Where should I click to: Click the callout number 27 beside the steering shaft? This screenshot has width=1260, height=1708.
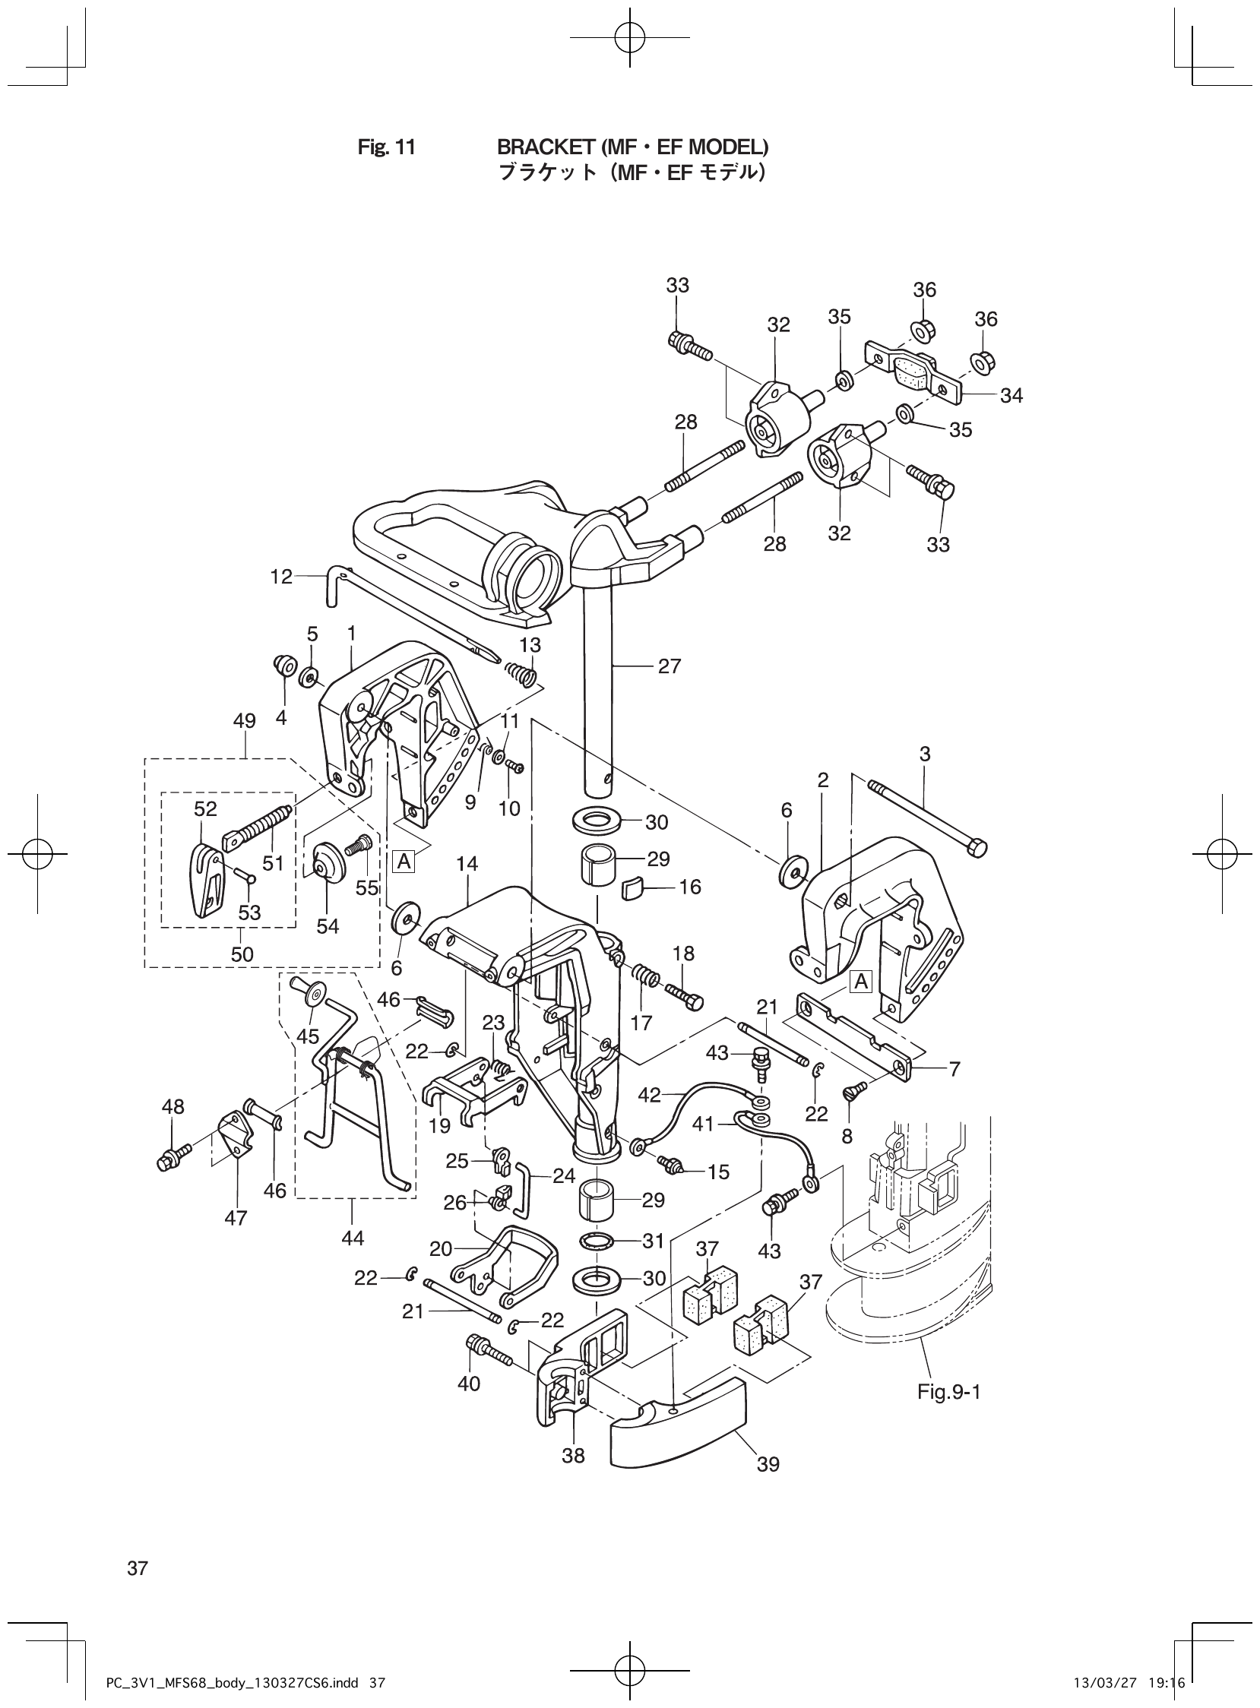point(669,666)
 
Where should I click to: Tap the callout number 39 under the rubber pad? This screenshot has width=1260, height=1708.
point(768,1464)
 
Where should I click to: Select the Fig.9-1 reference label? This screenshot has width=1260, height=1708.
point(948,1393)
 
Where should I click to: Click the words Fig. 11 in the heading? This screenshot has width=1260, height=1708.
point(387,147)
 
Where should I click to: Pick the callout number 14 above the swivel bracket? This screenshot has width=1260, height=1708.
point(467,864)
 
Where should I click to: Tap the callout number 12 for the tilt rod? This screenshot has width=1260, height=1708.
point(280,577)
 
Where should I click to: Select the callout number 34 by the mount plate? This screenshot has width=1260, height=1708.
point(1011,395)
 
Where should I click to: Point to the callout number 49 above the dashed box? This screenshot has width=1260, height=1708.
point(244,720)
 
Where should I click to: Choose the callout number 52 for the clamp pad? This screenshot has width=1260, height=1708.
point(205,809)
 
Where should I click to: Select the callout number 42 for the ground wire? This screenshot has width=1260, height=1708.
point(649,1095)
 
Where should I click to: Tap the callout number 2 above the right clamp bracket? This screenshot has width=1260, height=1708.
point(823,780)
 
